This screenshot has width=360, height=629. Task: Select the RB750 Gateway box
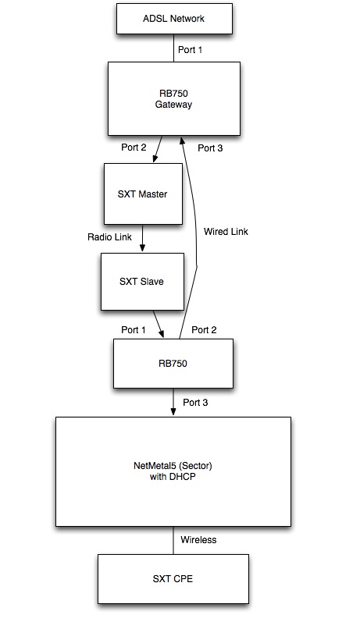pyautogui.click(x=173, y=98)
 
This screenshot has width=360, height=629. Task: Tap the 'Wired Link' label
pyautogui.click(x=226, y=231)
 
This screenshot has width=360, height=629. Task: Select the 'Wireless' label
pyautogui.click(x=199, y=539)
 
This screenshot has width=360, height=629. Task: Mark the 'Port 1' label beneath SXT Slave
pyautogui.click(x=134, y=329)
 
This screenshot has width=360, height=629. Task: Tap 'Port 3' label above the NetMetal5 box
pyautogui.click(x=195, y=402)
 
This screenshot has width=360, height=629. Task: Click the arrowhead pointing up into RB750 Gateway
pyautogui.click(x=183, y=141)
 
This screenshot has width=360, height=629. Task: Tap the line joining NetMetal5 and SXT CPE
pyautogui.click(x=173, y=540)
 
